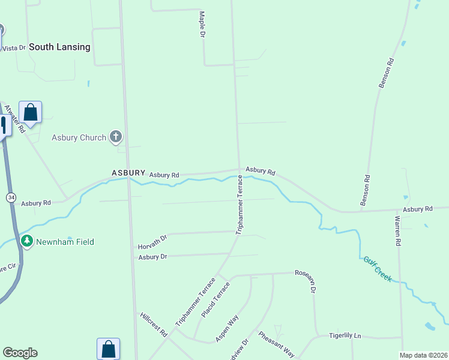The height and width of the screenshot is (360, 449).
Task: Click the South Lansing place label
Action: (x=59, y=47)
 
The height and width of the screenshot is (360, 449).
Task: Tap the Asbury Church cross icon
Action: (x=116, y=137)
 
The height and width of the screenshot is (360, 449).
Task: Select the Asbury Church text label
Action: (x=79, y=137)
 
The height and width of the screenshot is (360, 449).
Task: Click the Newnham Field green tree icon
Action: (x=27, y=241)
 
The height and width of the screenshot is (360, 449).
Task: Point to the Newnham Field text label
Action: (x=65, y=242)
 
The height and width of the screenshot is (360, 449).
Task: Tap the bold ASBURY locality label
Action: (x=128, y=173)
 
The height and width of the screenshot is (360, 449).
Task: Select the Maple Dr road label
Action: (x=202, y=25)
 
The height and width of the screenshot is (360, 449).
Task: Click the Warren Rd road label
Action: (x=397, y=232)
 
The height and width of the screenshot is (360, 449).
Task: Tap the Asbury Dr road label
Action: (x=152, y=257)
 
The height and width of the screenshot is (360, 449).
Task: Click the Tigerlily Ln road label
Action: (x=345, y=335)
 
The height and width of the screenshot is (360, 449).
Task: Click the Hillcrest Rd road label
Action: (x=153, y=324)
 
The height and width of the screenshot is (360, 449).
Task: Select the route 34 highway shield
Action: (x=11, y=197)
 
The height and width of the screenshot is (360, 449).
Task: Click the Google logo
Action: (x=20, y=353)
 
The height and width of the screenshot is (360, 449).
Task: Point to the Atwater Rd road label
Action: (x=14, y=118)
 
